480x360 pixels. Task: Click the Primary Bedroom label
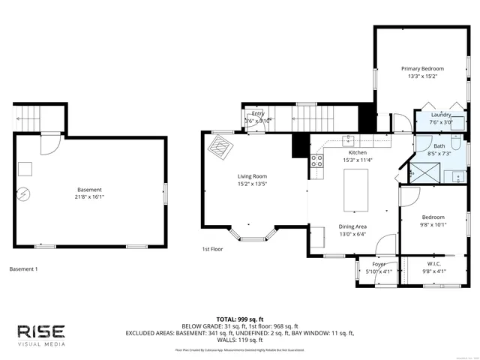(x=421, y=68)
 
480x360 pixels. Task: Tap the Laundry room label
(x=441, y=115)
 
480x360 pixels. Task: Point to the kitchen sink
(x=349, y=139)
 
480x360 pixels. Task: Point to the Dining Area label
(x=352, y=226)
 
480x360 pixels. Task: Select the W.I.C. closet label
(x=433, y=263)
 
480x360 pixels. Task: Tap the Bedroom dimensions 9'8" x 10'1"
(x=433, y=223)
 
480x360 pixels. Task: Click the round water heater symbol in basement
(x=24, y=193)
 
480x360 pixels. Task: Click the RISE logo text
(x=41, y=331)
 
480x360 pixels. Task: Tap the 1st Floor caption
(x=212, y=249)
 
